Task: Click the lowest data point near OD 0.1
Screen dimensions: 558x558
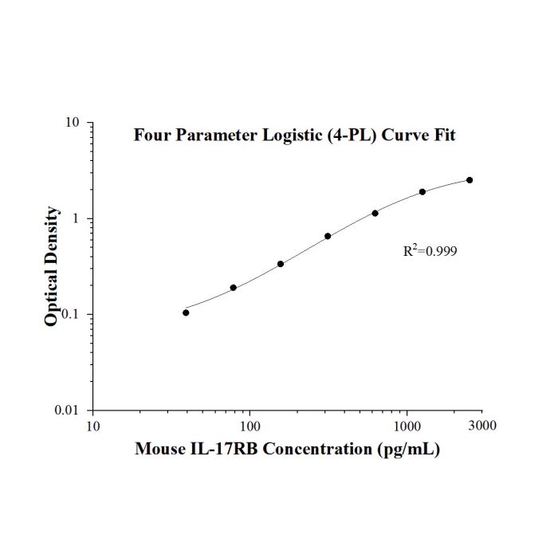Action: click(x=186, y=312)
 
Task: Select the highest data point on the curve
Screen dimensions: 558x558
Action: click(x=470, y=180)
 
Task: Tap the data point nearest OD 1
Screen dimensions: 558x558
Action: click(x=375, y=213)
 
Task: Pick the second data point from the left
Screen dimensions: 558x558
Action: click(x=233, y=288)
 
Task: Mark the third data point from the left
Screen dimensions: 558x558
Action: click(x=281, y=264)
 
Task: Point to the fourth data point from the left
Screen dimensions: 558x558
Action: click(x=328, y=236)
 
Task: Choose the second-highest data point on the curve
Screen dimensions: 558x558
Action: click(x=422, y=192)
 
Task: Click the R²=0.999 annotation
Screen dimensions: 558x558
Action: click(x=430, y=250)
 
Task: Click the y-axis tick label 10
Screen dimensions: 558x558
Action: click(x=72, y=123)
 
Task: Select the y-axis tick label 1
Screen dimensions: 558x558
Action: click(x=75, y=218)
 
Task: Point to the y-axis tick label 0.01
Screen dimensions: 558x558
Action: click(x=66, y=411)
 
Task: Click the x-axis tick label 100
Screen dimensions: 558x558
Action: click(x=250, y=426)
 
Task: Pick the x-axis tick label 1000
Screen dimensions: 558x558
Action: click(x=407, y=426)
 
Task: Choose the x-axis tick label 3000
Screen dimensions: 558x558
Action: click(x=482, y=426)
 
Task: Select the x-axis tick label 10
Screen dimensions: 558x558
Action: click(x=93, y=426)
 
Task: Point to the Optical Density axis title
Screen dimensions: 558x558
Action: click(x=51, y=265)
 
